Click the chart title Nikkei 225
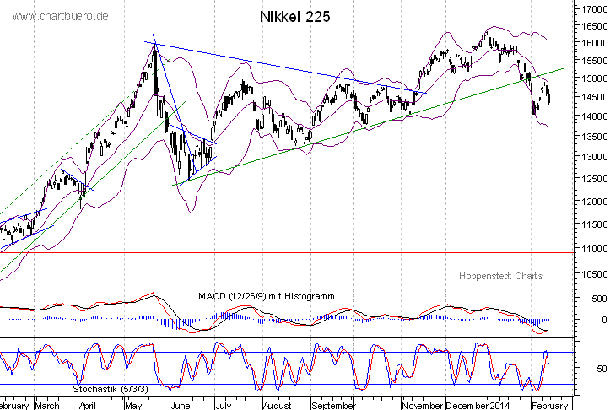pyautogui.click(x=295, y=17)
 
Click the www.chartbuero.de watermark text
pyautogui.click(x=62, y=17)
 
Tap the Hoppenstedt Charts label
pyautogui.click(x=500, y=276)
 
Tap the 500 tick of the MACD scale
pyautogui.click(x=597, y=299)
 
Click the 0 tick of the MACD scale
pyautogui.click(x=602, y=320)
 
